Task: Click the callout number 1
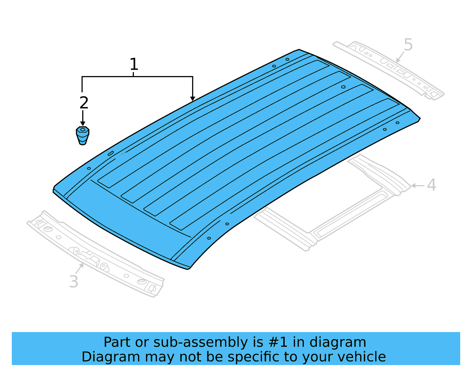(x=134, y=64)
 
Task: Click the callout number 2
(x=84, y=103)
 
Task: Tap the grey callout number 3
(x=74, y=281)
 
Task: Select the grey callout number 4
(x=431, y=185)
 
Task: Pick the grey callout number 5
(x=408, y=45)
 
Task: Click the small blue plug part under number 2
(x=83, y=136)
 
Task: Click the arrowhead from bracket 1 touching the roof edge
(x=193, y=99)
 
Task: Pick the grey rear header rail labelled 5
(x=389, y=69)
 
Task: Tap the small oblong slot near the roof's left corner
(x=111, y=153)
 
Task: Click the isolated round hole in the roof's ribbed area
(x=343, y=87)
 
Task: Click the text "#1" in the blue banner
(x=278, y=342)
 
